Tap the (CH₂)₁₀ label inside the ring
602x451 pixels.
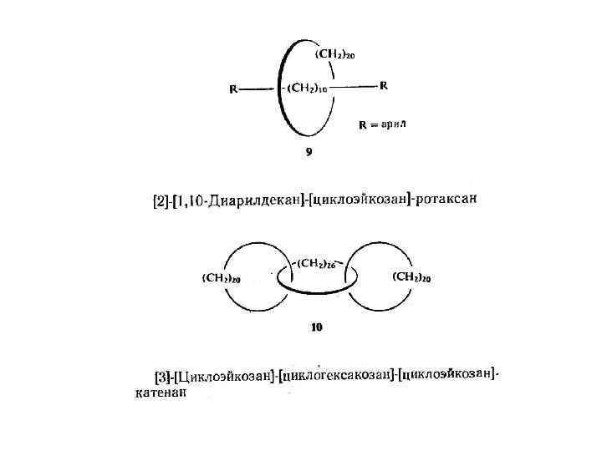308,89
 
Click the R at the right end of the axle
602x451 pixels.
383,85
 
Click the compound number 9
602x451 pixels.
309,152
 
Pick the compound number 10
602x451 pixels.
317,327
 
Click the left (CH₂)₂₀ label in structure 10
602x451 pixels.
222,278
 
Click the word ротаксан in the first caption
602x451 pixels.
451,200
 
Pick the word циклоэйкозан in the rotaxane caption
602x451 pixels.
360,200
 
